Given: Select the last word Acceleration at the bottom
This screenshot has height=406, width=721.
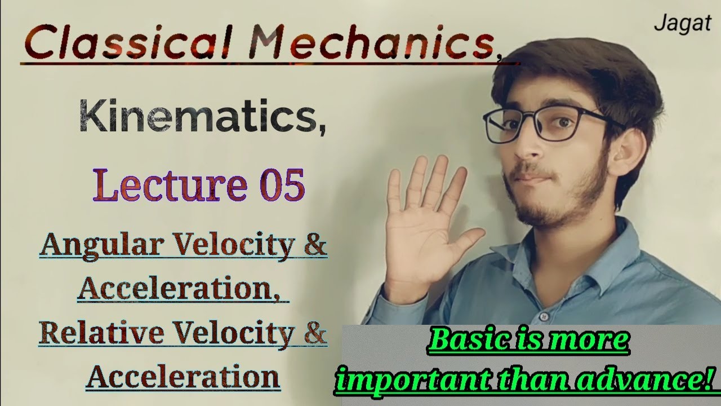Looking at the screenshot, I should click(x=183, y=376).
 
